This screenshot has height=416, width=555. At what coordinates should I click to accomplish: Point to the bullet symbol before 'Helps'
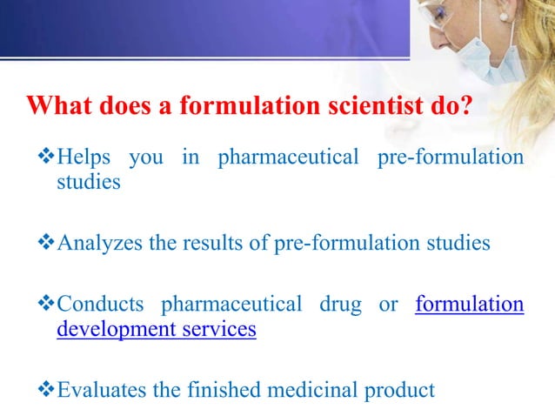48,158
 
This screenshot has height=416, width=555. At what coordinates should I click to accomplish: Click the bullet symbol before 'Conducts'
48,305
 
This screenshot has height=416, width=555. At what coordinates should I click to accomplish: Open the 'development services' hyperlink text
157,331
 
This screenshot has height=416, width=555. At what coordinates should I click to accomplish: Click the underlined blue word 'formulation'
470,305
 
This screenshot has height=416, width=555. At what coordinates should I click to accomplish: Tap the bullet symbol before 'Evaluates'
48,390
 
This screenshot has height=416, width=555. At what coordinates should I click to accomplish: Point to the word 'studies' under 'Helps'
89,184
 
